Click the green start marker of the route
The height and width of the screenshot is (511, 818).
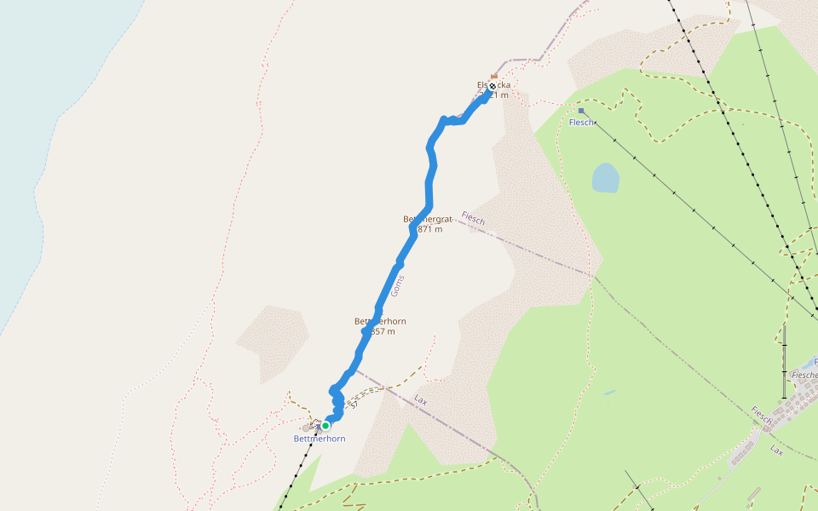click(325, 426)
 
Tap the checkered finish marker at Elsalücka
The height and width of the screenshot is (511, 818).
click(492, 86)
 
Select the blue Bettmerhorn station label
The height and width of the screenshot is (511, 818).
click(319, 439)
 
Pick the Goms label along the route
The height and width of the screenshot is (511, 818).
click(398, 284)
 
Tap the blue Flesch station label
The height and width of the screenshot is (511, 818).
click(581, 123)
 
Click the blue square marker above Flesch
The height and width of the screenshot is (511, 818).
click(581, 111)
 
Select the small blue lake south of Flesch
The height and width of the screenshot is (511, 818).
click(605, 177)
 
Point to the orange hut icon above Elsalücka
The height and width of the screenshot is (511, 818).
click(493, 77)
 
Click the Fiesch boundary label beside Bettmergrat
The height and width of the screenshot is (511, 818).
click(473, 219)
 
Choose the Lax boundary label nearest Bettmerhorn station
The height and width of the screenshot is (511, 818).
click(419, 399)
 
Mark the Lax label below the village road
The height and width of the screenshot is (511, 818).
click(776, 449)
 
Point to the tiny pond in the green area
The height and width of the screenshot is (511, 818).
click(608, 393)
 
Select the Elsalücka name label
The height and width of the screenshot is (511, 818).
click(493, 85)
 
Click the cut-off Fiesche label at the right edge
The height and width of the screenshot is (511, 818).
click(804, 375)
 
